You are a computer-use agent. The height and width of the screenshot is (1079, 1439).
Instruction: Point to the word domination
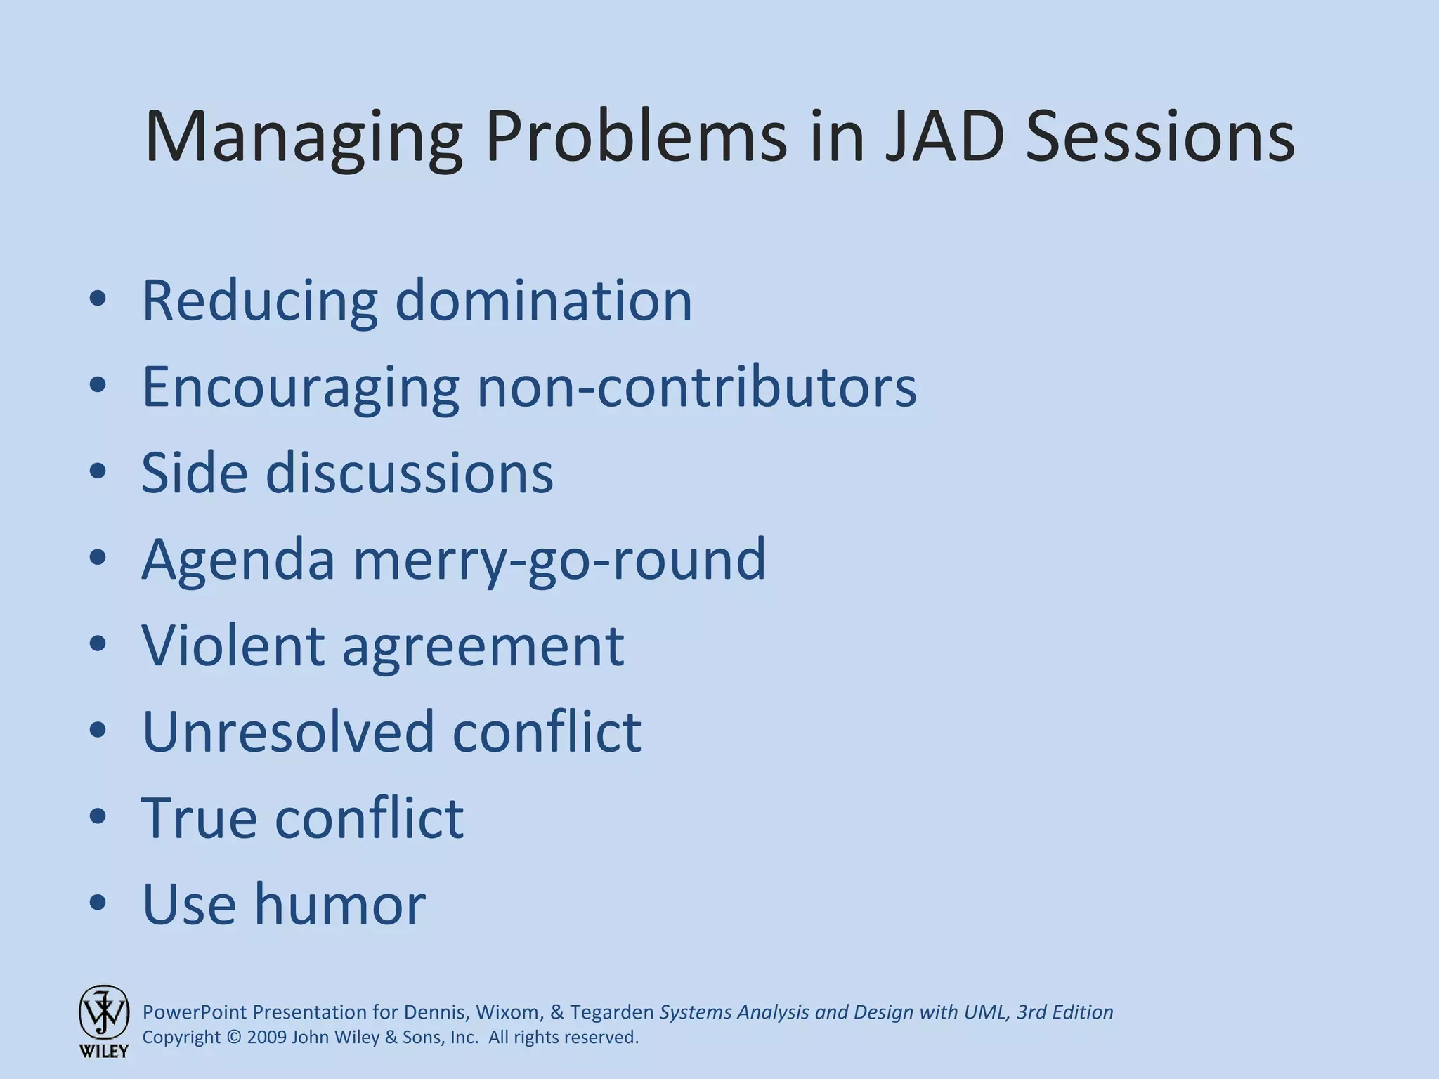[x=544, y=301]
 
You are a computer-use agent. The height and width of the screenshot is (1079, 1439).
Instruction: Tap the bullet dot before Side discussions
[x=98, y=471]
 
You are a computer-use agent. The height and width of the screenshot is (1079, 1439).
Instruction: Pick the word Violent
[x=233, y=646]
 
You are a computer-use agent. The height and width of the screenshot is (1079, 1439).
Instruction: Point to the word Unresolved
[x=288, y=731]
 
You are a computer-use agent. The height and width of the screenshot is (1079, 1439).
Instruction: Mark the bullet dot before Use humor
[x=98, y=903]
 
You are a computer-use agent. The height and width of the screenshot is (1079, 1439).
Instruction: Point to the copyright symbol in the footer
[x=233, y=1038]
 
